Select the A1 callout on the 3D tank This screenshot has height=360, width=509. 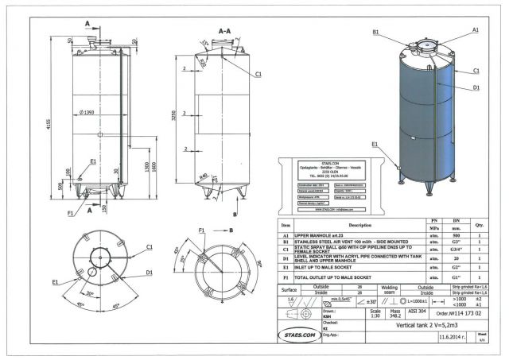[475, 29]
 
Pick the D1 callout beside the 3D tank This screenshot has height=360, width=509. [475, 87]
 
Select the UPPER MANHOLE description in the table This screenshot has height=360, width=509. [328, 236]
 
